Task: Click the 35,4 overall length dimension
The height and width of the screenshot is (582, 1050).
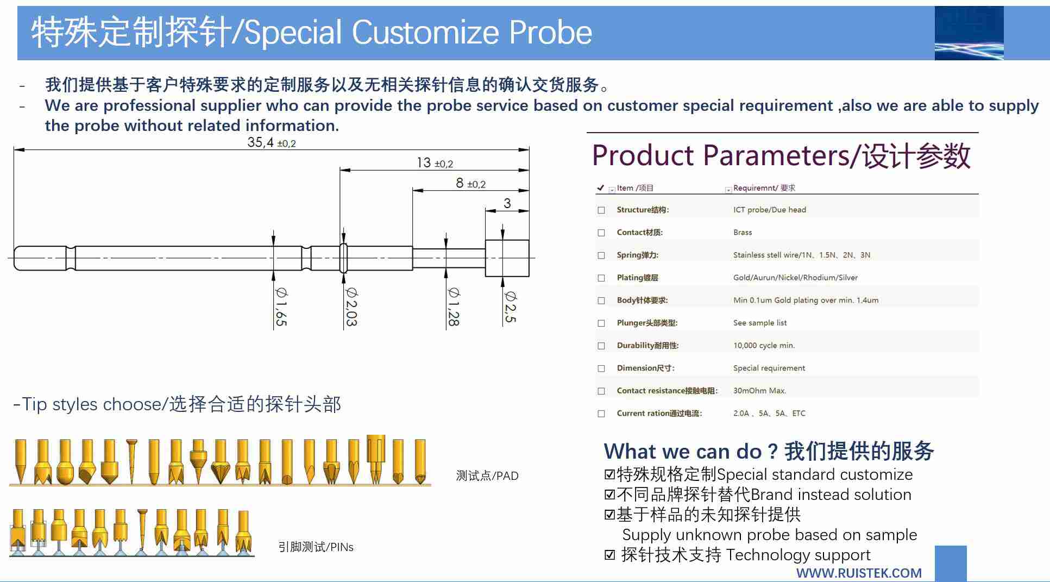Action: click(x=271, y=142)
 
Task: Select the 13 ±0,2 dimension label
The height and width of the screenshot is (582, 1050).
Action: click(x=435, y=162)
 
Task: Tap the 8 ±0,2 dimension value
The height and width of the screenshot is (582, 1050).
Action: click(x=470, y=183)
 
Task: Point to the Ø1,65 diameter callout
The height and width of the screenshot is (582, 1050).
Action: click(x=281, y=306)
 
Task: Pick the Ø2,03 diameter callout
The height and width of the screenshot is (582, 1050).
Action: click(x=351, y=306)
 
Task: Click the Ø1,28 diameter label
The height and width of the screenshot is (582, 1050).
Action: click(x=453, y=306)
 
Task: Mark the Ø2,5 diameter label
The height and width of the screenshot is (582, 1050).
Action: click(x=510, y=306)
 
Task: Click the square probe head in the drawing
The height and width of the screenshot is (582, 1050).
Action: click(x=507, y=258)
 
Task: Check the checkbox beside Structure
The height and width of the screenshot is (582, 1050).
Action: click(x=601, y=210)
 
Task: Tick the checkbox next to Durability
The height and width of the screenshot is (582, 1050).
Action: click(x=601, y=346)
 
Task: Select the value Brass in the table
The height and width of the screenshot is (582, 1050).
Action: click(x=743, y=233)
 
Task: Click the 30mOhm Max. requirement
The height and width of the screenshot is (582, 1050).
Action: click(x=759, y=391)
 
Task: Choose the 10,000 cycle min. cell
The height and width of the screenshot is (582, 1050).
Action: click(x=764, y=346)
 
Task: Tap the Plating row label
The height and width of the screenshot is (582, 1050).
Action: click(x=637, y=278)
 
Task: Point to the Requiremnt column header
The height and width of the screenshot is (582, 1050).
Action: click(x=764, y=188)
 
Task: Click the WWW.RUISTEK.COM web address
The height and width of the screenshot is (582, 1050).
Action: click(x=859, y=573)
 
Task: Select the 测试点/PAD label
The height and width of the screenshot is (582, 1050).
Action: click(x=487, y=476)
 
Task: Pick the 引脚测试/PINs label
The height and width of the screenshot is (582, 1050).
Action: click(x=316, y=547)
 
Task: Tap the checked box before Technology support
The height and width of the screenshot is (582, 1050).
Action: click(x=610, y=555)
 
